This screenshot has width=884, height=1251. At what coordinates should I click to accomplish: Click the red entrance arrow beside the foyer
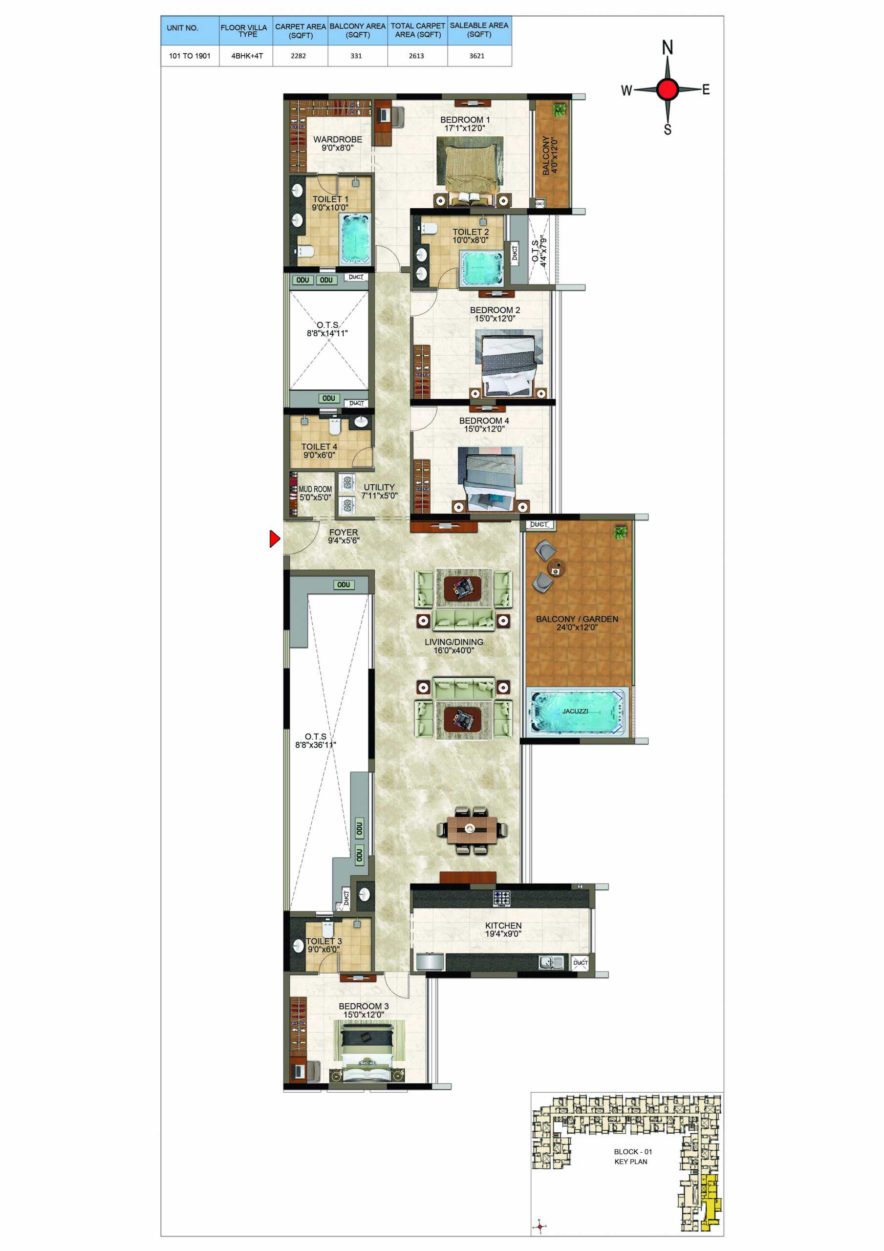pyautogui.click(x=274, y=539)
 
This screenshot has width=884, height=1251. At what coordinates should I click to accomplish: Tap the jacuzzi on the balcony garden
pyautogui.click(x=576, y=712)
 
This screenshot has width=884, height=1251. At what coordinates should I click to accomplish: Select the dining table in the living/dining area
pyautogui.click(x=472, y=829)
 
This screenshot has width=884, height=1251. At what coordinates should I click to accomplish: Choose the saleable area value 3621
pyautogui.click(x=477, y=56)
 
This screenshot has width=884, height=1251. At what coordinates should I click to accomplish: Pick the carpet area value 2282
pyautogui.click(x=298, y=56)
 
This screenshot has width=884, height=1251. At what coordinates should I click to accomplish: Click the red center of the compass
pyautogui.click(x=667, y=89)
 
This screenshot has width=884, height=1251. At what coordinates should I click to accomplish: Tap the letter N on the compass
pyautogui.click(x=667, y=47)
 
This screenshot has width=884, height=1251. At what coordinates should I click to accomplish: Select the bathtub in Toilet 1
pyautogui.click(x=355, y=238)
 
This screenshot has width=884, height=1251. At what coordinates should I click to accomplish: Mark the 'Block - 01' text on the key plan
pyautogui.click(x=633, y=1151)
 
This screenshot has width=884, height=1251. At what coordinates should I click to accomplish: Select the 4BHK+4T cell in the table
pyautogui.click(x=247, y=56)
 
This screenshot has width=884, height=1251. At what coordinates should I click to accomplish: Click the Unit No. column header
pyautogui.click(x=182, y=28)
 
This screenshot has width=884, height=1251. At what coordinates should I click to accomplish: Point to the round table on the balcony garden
pyautogui.click(x=557, y=568)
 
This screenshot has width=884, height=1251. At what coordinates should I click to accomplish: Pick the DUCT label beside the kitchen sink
pyautogui.click(x=581, y=963)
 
